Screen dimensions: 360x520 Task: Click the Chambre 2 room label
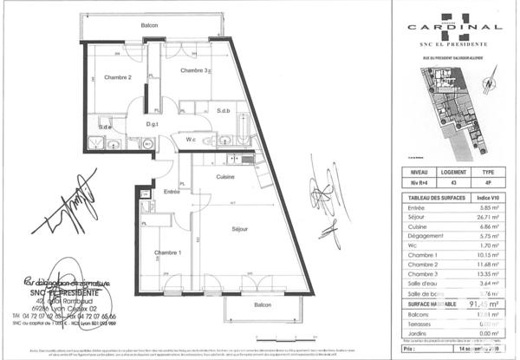click(x=118, y=77)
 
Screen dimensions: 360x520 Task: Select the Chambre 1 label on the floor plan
click(x=168, y=252)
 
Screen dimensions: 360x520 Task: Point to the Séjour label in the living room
click(x=228, y=229)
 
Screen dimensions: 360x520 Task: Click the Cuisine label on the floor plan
click(x=227, y=176)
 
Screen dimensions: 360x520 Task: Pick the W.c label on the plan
click(x=191, y=141)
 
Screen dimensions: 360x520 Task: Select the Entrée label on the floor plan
click(x=172, y=191)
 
